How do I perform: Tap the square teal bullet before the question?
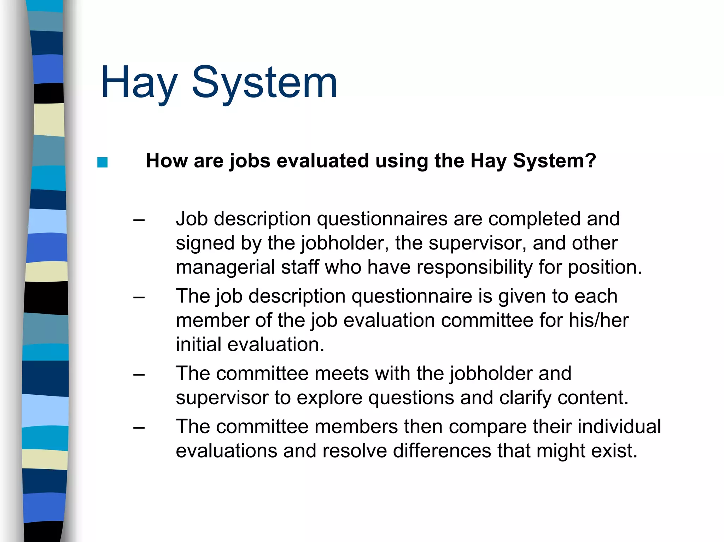point(102,163)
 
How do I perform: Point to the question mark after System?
point(591,161)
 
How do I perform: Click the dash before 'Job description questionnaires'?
point(139,220)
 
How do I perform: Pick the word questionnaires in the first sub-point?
point(382,219)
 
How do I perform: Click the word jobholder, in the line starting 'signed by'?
point(345,243)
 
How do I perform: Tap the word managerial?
point(225,267)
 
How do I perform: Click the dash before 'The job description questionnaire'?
point(139,297)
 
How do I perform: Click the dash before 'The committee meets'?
point(139,375)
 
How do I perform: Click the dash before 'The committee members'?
point(139,428)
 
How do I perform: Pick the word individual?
point(619,426)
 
